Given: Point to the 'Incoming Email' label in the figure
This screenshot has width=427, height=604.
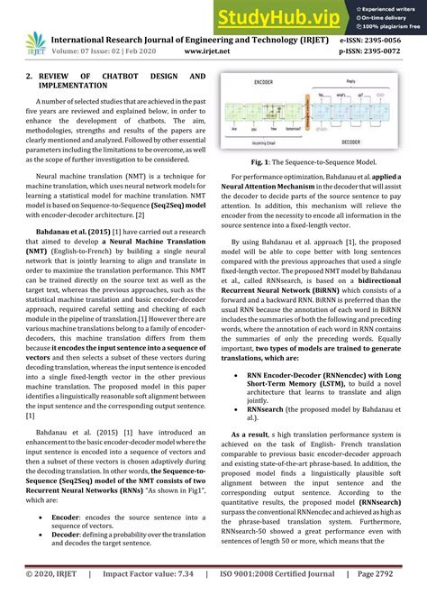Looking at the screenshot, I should click(x=274, y=142).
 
